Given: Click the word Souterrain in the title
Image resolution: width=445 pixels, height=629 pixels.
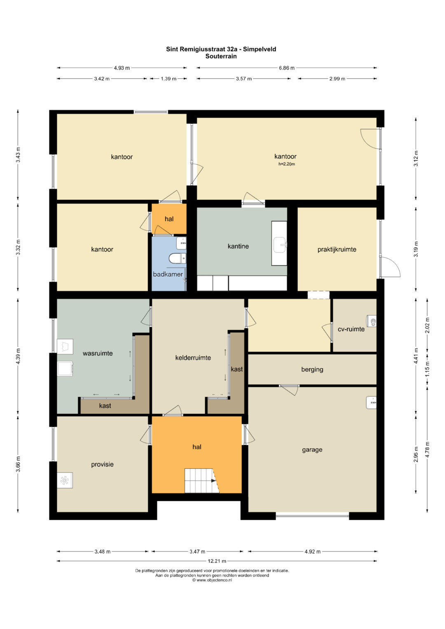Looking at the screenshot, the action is point(221,56).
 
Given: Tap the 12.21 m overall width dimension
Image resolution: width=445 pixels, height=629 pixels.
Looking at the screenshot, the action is point(217,561).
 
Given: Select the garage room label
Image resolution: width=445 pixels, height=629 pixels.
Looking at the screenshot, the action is point(312,450).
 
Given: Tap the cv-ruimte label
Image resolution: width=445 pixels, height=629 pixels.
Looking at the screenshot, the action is point(351,329).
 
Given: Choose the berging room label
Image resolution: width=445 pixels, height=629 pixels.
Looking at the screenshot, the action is point(312,369).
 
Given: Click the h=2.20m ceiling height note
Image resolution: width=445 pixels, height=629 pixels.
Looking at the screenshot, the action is point(286,164).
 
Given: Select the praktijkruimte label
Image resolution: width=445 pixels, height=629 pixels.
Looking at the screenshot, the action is point(337,249).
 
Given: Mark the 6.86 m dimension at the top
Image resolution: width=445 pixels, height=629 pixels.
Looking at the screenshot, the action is point(286,68).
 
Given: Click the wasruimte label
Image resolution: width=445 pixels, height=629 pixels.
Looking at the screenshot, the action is point(98,353).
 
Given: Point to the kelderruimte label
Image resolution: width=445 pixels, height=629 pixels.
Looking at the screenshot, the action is point(193,358).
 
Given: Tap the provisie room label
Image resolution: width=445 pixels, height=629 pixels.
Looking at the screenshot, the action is point(102,465).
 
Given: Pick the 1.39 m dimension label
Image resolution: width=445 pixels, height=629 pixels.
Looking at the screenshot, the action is point(169,79).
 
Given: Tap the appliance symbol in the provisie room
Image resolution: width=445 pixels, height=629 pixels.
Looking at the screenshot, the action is point(65,480).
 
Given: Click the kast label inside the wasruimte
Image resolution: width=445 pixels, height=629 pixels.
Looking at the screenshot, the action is point(105,405).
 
